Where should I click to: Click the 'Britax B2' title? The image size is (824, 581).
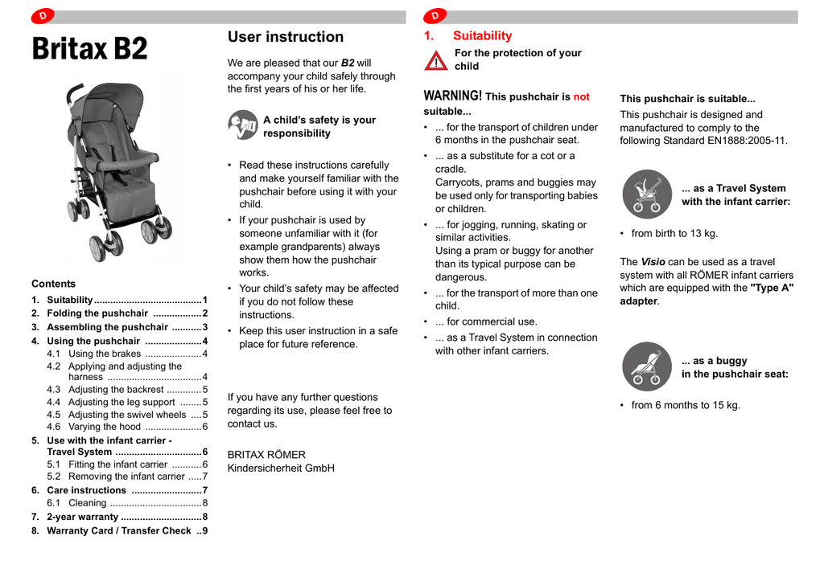click(90, 50)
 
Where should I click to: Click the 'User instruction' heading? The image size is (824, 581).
click(285, 37)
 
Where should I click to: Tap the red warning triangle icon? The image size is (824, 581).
click(435, 60)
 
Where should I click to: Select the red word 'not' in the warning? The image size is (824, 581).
click(581, 97)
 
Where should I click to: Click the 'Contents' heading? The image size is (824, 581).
click(53, 284)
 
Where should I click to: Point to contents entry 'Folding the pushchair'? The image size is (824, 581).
click(97, 313)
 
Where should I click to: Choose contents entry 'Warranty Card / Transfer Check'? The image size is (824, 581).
click(119, 530)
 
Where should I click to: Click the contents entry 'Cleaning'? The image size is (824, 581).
click(87, 503)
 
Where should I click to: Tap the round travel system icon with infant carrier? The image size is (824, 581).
click(646, 194)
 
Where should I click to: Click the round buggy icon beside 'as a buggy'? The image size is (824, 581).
click(646, 366)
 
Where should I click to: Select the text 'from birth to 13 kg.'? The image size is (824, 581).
click(674, 234)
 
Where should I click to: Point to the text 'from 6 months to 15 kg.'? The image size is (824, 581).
click(686, 405)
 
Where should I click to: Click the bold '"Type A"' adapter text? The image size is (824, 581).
click(772, 288)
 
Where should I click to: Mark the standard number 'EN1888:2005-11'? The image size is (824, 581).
click(747, 141)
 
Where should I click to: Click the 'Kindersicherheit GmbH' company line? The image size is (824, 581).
click(281, 468)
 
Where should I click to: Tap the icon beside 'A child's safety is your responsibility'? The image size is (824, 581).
click(242, 125)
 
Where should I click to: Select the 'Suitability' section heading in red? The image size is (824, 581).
click(482, 36)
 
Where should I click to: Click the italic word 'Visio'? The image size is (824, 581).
click(652, 262)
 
